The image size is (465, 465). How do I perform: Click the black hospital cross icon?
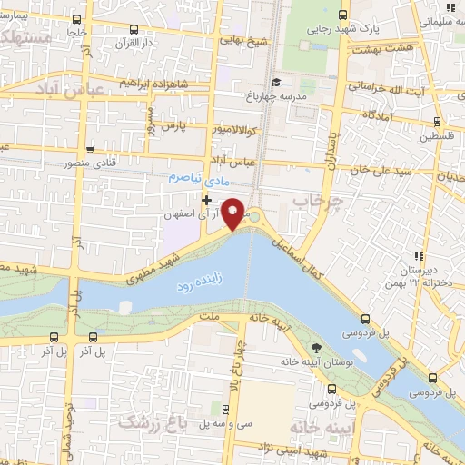click(208, 200)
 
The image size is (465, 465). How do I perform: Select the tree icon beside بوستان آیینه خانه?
click(316, 348)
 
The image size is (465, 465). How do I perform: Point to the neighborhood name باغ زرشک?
click(148, 420)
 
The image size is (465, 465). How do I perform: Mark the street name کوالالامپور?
click(230, 131)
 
